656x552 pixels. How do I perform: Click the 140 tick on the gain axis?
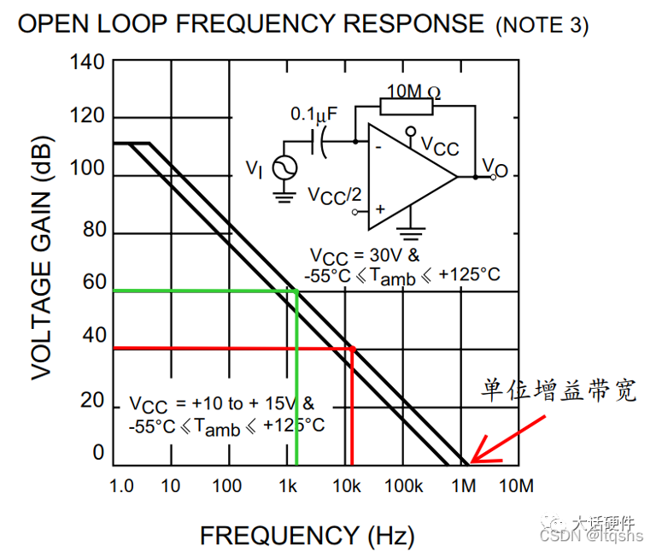pos(87,62)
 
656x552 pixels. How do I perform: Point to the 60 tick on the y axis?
pos(95,282)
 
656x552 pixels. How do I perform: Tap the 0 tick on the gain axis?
pos(99,452)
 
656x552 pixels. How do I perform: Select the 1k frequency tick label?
pos(288,486)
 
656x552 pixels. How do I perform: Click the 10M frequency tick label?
pos(516,486)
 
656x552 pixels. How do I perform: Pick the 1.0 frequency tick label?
pos(121,486)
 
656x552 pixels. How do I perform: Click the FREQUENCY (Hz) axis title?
pos(307,536)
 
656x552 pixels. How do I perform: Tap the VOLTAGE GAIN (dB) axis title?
pos(42,258)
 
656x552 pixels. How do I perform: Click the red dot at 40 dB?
pos(353,349)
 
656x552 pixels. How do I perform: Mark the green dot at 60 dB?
pos(296,291)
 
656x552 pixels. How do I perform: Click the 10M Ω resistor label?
pos(413,91)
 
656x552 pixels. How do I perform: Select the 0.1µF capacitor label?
pos(313,115)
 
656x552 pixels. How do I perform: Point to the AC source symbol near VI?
pos(285,167)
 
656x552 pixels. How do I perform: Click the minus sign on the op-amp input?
pos(378,147)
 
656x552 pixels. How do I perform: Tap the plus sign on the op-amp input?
pos(380,208)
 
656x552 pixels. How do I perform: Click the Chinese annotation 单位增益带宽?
pos(559,390)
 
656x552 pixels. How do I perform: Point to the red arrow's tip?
pos(471,462)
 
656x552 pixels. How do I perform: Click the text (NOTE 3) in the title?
pos(542,26)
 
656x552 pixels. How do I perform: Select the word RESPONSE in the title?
pos(413,23)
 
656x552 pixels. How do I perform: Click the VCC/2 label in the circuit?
pos(334,197)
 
